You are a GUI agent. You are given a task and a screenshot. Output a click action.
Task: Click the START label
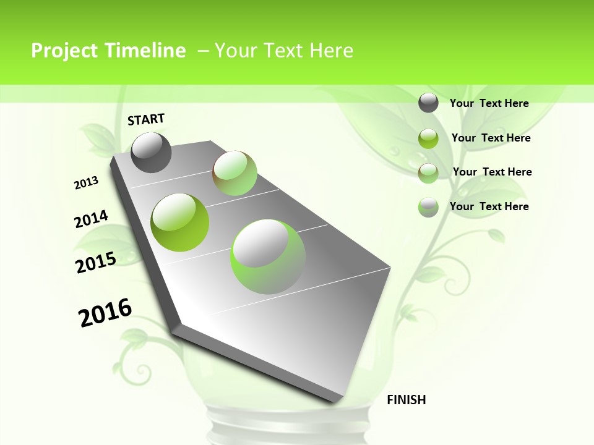coord(146,119)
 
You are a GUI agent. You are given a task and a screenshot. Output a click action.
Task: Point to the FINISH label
coord(406,400)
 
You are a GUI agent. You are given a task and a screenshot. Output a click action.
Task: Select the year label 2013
coord(86,183)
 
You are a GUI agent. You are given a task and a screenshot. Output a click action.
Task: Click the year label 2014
coord(91,219)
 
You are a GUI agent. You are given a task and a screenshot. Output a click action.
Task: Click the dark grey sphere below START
coord(151,153)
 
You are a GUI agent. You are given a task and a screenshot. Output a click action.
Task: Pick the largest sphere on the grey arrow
coord(268,256)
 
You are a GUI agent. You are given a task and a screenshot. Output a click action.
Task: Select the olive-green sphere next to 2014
coord(180,222)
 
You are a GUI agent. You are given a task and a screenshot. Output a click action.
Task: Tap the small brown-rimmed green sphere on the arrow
coord(235,173)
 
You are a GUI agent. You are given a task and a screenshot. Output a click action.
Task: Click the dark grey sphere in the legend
coord(428,103)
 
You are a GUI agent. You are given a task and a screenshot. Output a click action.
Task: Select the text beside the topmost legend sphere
coord(489,103)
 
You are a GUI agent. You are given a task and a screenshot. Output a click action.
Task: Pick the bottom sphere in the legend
coord(428,207)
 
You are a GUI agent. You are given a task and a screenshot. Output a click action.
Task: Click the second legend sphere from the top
coord(428,138)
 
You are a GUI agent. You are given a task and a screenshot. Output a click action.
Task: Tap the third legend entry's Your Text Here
coord(492,172)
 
